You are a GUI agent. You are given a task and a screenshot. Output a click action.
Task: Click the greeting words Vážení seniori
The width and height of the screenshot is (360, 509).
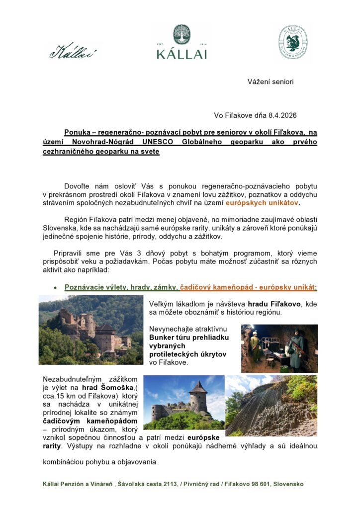(270, 82)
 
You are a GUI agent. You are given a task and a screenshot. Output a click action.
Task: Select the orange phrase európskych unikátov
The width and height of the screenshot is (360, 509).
(262, 203)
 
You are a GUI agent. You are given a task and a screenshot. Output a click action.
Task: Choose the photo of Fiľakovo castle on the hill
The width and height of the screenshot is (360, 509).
(90, 330)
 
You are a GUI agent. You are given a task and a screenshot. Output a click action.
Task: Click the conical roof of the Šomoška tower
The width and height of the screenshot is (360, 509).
(198, 387)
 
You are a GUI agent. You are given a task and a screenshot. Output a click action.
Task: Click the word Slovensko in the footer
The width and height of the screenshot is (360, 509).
(287, 484)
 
